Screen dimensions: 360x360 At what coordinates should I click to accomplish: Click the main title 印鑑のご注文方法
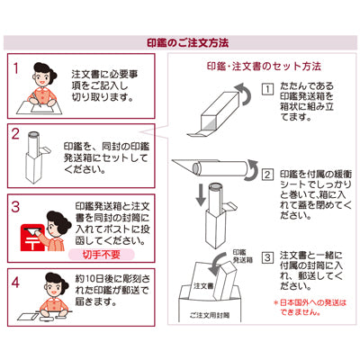click(x=188, y=42)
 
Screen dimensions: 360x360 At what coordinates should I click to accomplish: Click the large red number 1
click(x=16, y=68)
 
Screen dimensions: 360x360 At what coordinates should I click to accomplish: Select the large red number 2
click(x=15, y=134)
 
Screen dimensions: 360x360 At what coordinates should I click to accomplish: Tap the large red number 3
click(x=15, y=207)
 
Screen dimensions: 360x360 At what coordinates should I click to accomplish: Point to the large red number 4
click(x=15, y=282)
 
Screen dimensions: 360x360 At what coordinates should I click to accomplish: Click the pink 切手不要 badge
click(x=102, y=255)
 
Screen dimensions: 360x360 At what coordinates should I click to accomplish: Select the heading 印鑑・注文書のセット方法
click(x=264, y=67)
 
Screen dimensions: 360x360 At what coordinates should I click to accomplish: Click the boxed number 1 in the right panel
click(x=267, y=89)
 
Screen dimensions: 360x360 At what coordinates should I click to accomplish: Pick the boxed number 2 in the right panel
click(x=267, y=175)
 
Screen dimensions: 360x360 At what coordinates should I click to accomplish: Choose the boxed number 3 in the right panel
click(x=267, y=257)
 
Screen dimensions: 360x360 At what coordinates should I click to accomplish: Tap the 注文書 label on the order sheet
click(x=203, y=285)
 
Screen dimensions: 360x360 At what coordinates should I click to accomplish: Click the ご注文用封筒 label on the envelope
click(x=210, y=315)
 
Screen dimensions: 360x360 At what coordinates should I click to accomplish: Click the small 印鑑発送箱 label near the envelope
click(x=243, y=256)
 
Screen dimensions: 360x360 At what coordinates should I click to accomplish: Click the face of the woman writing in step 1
click(x=41, y=78)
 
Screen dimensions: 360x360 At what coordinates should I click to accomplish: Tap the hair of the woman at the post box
click(x=61, y=221)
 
